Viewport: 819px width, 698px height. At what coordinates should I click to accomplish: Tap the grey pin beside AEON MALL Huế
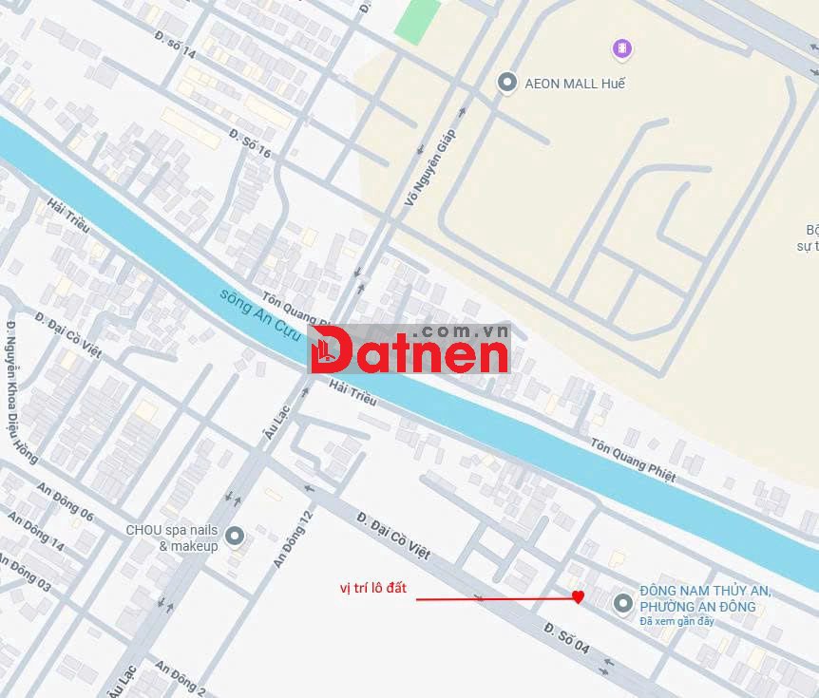(507, 83)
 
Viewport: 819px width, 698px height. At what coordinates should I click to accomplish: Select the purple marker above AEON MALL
(622, 47)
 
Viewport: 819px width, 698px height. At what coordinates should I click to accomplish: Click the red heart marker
(578, 597)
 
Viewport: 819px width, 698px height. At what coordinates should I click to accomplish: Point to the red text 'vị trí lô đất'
(373, 588)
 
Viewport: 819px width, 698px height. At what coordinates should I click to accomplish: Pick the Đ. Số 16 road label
(250, 140)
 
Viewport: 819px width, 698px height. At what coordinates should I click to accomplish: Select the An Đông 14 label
(36, 532)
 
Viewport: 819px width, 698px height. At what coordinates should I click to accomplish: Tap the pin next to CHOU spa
(235, 537)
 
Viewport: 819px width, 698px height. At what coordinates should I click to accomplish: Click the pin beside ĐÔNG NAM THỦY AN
(622, 602)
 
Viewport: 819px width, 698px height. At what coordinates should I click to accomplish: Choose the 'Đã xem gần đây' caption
(676, 622)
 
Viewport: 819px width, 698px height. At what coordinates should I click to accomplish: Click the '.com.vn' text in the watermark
(461, 332)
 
